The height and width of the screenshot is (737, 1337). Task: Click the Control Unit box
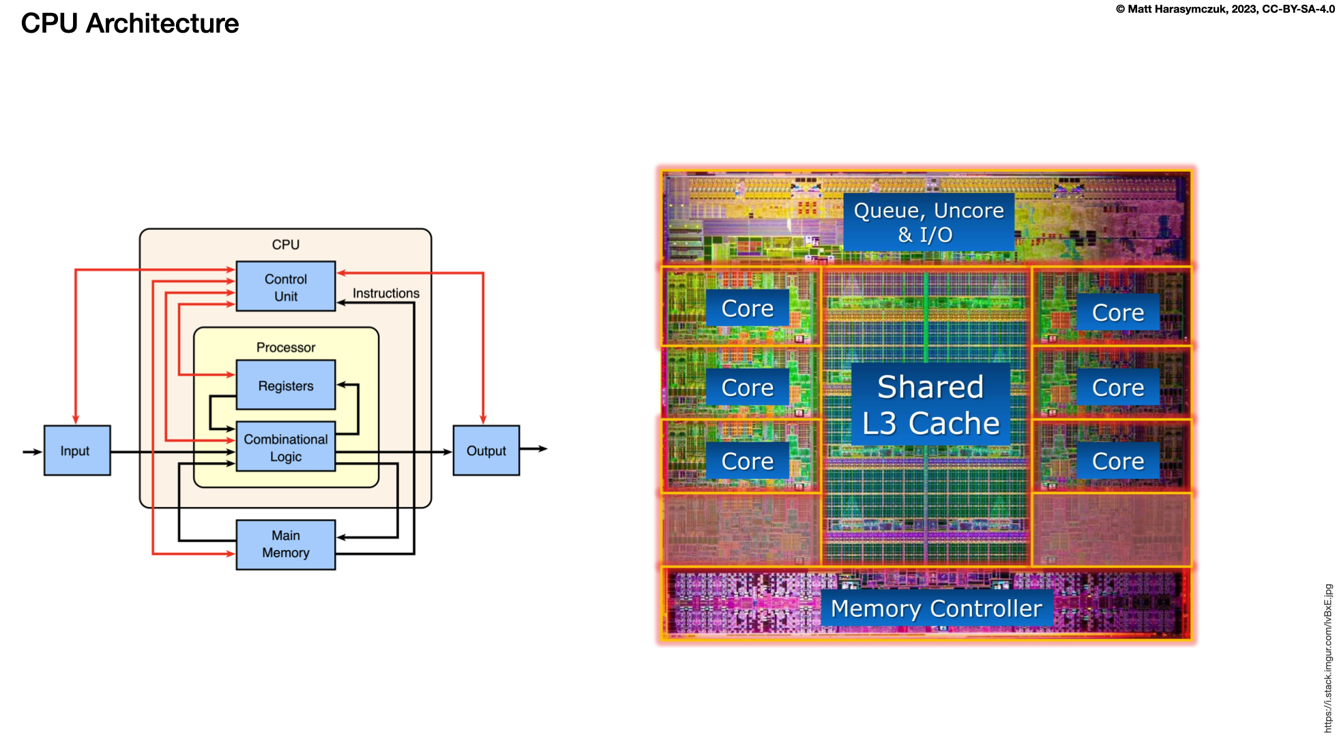[285, 287]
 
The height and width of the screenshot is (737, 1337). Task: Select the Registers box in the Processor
[285, 386]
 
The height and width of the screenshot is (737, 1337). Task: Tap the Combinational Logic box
[285, 448]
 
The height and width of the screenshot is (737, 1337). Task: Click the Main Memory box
[285, 545]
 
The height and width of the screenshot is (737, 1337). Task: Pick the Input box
[76, 450]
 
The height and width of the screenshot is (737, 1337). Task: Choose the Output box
[486, 450]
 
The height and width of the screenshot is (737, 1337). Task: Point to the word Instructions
[385, 293]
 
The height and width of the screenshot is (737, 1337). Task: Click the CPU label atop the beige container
[285, 244]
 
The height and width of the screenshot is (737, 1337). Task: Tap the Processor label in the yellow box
[285, 347]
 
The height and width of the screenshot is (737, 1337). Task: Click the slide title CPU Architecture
[130, 23]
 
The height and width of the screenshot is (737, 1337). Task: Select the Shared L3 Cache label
[930, 405]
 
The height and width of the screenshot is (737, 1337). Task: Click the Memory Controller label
[936, 608]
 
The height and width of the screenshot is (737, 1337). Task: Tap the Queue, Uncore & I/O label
[928, 222]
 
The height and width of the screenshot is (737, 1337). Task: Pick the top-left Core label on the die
[747, 308]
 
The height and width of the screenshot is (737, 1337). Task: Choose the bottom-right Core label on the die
[1117, 461]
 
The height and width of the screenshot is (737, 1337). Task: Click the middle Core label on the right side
[1117, 388]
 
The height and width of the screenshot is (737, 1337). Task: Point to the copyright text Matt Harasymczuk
[1224, 9]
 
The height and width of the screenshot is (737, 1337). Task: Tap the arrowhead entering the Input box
[38, 452]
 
